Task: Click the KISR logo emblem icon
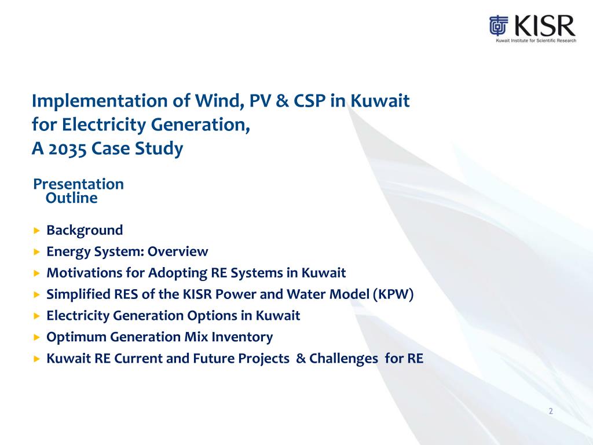[499, 27]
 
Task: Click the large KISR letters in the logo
[543, 26]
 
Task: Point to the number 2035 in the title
[65, 149]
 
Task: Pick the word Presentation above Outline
[78, 184]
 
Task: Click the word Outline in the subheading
[71, 198]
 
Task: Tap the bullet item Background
[85, 230]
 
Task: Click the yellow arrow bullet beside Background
[36, 231]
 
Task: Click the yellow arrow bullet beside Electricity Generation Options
[36, 316]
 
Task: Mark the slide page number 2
[551, 411]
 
